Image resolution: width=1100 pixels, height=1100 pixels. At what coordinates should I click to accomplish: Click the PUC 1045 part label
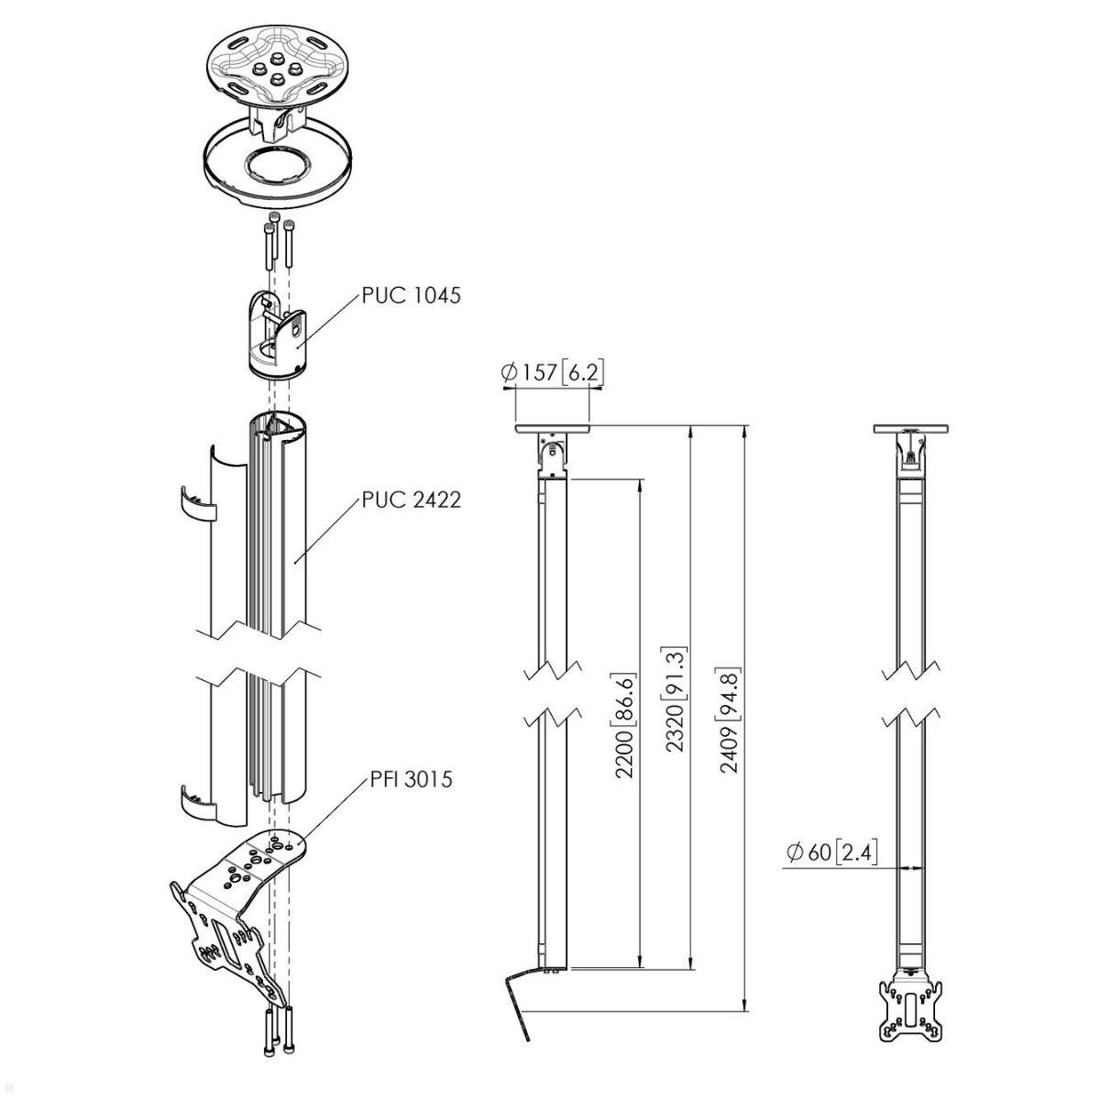(x=411, y=295)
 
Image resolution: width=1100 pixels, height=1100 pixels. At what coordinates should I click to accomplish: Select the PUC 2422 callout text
(x=411, y=500)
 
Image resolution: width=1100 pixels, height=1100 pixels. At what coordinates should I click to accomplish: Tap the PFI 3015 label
(x=411, y=779)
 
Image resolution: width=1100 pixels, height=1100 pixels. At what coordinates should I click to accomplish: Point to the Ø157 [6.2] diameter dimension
(x=552, y=371)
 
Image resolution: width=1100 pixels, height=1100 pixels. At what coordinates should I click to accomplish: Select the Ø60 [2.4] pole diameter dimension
(x=831, y=852)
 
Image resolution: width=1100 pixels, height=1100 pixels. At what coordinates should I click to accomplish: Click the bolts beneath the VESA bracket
(x=279, y=1031)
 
